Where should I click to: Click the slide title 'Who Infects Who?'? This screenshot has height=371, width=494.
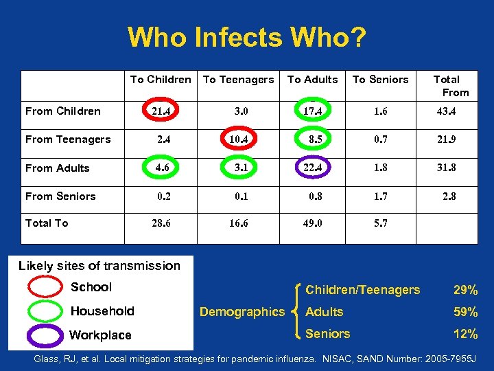point(246,37)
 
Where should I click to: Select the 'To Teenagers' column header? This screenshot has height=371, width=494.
point(238,80)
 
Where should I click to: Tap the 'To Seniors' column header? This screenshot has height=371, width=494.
point(380,80)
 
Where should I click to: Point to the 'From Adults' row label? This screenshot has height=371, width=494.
point(58,168)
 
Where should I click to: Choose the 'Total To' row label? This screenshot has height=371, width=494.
point(47,223)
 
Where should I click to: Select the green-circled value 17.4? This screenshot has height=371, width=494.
point(313,111)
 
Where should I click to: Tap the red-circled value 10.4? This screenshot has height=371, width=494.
point(238,139)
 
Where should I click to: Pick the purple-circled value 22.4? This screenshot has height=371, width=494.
point(313,168)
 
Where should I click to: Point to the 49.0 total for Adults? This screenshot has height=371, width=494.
point(313,223)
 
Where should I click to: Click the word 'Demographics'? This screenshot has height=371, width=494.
point(242,312)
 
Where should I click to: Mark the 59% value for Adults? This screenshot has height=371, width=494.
point(465,312)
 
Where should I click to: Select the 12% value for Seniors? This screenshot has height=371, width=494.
point(465,334)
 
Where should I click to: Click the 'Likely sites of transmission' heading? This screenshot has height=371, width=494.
point(99,266)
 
